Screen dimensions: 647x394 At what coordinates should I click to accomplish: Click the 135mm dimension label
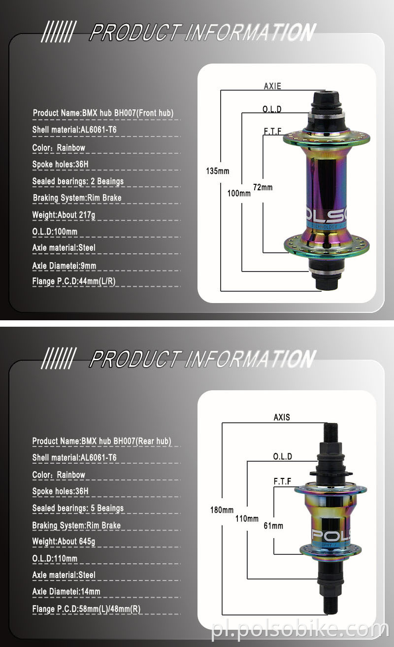(x=217, y=171)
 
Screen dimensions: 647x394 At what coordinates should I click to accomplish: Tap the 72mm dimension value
(x=263, y=187)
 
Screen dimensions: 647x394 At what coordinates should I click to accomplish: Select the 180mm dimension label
(x=222, y=510)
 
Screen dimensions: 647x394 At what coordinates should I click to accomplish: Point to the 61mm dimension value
(x=273, y=526)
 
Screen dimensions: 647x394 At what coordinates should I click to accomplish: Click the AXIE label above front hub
(x=272, y=86)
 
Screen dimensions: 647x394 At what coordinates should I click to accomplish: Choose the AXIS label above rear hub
(x=282, y=417)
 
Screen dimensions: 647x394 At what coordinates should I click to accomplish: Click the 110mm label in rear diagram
(x=247, y=518)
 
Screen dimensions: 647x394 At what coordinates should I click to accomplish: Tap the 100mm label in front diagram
(x=238, y=193)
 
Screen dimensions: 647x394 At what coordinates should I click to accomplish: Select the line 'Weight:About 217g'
(x=64, y=215)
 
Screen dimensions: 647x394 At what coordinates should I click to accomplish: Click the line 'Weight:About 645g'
(x=64, y=542)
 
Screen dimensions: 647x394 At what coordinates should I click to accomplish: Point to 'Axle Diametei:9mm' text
(x=64, y=266)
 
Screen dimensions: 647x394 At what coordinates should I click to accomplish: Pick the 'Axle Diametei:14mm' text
(x=66, y=591)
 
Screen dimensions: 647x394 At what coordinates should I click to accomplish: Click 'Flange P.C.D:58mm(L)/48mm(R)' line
(x=86, y=609)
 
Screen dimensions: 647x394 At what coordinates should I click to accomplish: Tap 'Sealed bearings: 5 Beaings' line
(x=78, y=508)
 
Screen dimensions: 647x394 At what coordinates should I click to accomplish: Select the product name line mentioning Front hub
(x=103, y=113)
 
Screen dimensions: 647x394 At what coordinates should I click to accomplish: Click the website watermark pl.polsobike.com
(x=300, y=630)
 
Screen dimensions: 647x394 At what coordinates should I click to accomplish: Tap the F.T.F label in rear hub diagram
(x=282, y=481)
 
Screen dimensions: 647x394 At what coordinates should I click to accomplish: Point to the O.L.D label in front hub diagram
(x=272, y=109)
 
